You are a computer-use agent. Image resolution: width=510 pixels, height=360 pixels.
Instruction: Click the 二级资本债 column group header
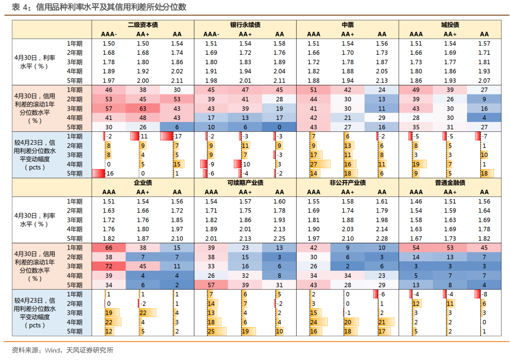[143, 25]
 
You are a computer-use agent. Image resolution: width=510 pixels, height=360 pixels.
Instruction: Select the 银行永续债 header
[245, 25]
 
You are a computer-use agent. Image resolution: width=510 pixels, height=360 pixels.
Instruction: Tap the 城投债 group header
[450, 25]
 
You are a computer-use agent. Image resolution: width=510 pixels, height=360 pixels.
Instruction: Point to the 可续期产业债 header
[245, 183]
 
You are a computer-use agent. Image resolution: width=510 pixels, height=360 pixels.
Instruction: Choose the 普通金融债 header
[450, 183]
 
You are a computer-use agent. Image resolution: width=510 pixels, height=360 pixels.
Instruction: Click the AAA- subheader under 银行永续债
[211, 34]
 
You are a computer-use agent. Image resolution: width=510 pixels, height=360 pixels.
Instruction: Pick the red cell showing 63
[143, 108]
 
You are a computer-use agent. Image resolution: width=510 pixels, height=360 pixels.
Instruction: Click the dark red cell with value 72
[109, 266]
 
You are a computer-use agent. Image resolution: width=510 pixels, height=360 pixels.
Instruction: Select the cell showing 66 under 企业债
[109, 248]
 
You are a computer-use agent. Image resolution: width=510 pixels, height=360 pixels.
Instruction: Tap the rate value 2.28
[382, 239]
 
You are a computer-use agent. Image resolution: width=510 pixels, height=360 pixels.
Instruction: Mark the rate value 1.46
[416, 201]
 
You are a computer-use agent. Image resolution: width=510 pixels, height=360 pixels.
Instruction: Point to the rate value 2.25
[279, 239]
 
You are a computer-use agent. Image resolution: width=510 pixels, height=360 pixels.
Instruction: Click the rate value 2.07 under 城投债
[484, 81]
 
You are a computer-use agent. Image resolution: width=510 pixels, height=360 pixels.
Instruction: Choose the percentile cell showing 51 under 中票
[314, 90]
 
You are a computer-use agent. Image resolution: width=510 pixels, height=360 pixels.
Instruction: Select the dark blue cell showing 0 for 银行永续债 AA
[279, 127]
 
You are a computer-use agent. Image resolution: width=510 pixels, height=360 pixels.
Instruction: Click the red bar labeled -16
[99, 173]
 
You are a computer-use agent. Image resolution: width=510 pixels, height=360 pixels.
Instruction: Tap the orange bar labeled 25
[217, 331]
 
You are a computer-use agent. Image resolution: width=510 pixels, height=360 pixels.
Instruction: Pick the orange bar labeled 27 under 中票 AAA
[320, 164]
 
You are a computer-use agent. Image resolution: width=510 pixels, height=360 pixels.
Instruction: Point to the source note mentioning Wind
[62, 350]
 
